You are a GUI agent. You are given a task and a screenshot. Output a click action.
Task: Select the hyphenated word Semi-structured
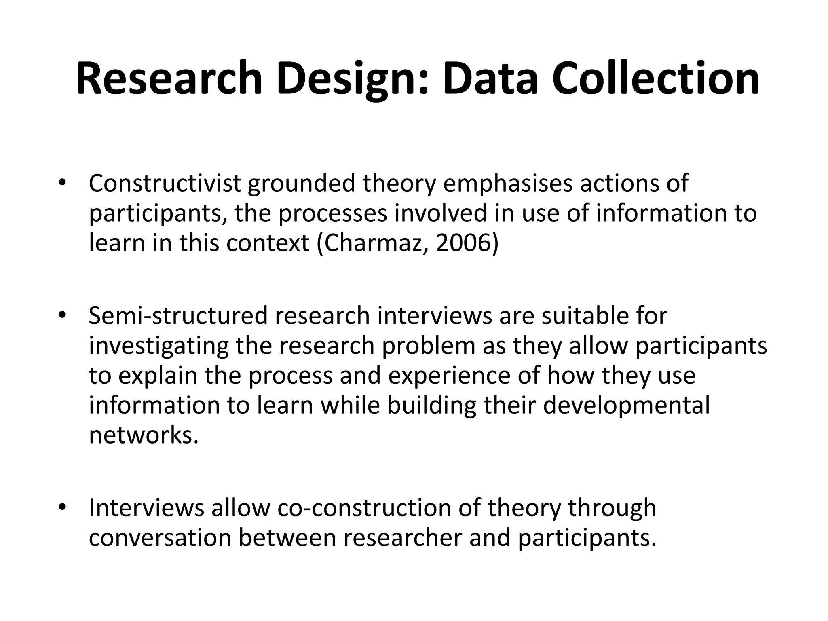coord(178,316)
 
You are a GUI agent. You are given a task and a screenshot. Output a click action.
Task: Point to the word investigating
coord(158,346)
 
